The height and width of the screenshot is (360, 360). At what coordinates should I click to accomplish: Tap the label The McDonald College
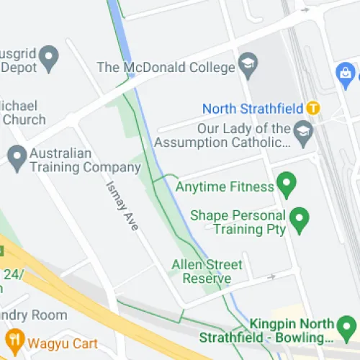(x=166, y=68)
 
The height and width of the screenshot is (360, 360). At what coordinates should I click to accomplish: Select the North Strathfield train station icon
(x=312, y=109)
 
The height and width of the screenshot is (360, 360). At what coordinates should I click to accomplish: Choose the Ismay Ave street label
(x=122, y=205)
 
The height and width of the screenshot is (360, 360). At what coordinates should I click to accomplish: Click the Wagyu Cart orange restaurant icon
(x=13, y=338)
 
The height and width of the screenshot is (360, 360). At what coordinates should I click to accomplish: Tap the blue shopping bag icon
(x=344, y=73)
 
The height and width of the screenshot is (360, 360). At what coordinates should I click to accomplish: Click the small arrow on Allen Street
(x=271, y=276)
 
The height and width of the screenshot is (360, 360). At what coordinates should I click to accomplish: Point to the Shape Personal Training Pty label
(x=238, y=222)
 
